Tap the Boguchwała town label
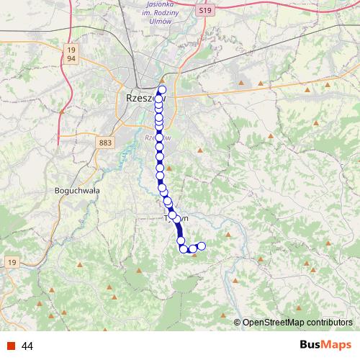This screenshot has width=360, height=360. tap(77, 191)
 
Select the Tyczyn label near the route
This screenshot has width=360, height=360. tap(177, 217)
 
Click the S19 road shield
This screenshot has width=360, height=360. tap(207, 12)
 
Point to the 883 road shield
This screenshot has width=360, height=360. tap(106, 143)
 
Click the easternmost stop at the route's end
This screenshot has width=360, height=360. tap(202, 246)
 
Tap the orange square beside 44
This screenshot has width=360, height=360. tap(10, 346)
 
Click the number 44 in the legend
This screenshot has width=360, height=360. tap(28, 346)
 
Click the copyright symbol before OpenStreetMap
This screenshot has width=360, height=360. tap(238, 323)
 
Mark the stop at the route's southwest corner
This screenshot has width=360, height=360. tap(183, 249)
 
